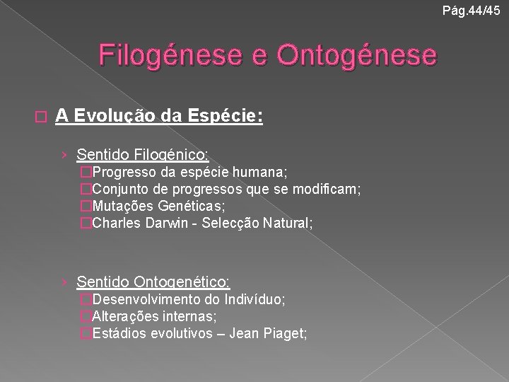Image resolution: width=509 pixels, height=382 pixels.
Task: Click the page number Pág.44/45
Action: click(x=474, y=9)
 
